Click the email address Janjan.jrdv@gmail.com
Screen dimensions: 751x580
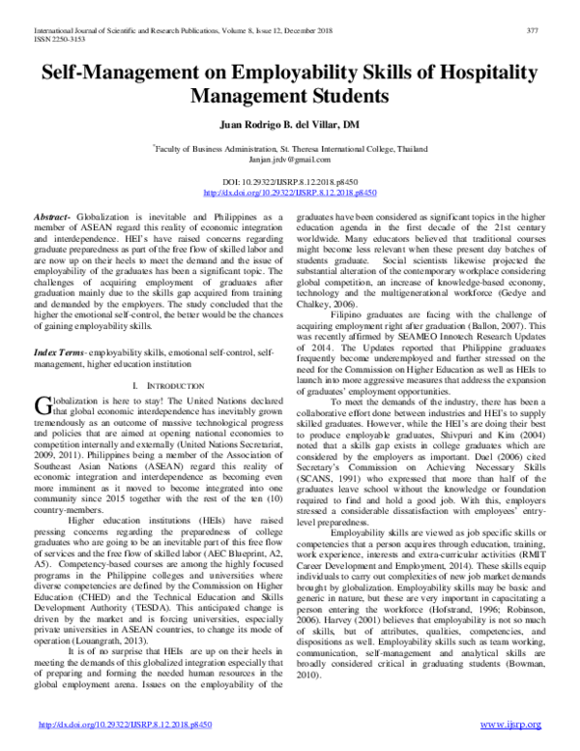click(289, 157)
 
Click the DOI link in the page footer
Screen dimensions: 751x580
click(101, 725)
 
